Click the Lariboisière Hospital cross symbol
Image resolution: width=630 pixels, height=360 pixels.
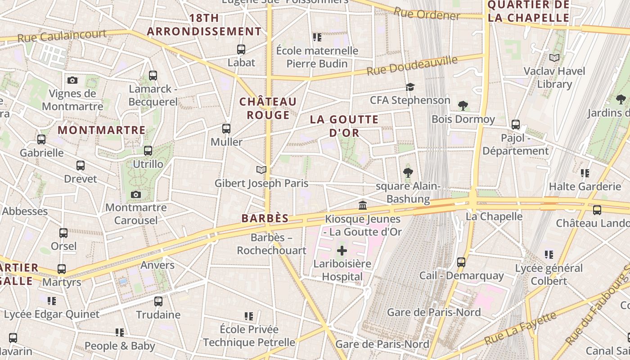tap(342, 250)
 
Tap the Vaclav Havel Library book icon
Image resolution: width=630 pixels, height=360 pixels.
tap(554, 58)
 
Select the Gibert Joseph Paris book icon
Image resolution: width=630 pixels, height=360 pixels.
tap(261, 170)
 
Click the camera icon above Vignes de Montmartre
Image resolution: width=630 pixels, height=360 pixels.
tap(72, 80)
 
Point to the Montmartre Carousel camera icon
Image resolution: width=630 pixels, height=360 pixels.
tap(135, 194)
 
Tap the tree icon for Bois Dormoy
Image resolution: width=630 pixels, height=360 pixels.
tap(463, 106)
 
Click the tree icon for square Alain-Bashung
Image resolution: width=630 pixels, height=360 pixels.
tap(408, 172)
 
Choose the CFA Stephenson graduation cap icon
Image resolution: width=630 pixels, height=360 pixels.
tap(410, 87)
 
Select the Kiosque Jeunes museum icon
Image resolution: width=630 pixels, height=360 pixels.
tap(362, 206)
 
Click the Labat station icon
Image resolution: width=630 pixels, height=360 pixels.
tap(241, 49)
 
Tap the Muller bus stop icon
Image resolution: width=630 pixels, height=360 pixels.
tap(226, 129)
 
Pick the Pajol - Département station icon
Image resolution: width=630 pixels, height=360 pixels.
tap(516, 125)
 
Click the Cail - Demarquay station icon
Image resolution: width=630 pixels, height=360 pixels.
tap(461, 262)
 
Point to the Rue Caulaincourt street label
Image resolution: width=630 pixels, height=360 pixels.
tap(62, 36)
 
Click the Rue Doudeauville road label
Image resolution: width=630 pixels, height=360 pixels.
tap(412, 66)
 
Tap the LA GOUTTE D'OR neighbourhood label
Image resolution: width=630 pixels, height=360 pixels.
tap(344, 126)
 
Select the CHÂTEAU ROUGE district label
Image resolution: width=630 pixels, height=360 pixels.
tap(268, 108)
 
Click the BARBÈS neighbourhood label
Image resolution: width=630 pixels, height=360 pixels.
tap(265, 218)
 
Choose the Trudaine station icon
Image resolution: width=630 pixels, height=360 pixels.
tap(158, 301)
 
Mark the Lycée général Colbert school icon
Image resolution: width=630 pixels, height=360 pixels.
tap(549, 255)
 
